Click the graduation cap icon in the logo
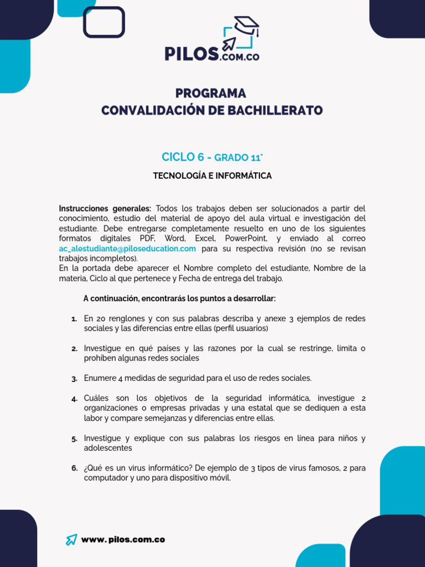pos(246,25)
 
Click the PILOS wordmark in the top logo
pos(190,54)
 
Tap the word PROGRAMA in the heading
pos(211,93)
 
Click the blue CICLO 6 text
pos(183,157)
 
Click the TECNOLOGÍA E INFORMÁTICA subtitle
pos(212,176)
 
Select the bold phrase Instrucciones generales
pos(105,209)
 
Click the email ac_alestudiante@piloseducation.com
pos(127,249)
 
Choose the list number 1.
pos(74,319)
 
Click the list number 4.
pos(74,399)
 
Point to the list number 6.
pos(74,468)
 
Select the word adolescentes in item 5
pos(108,448)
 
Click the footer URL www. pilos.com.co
pos(123,540)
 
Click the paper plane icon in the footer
pos(71,540)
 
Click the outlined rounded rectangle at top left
pos(103,22)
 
